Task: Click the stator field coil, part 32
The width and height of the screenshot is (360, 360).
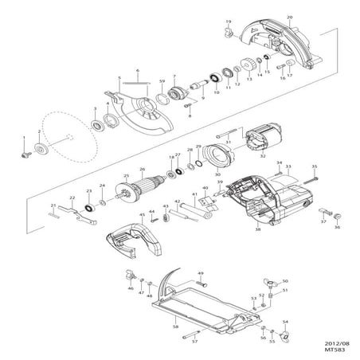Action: tap(259, 147)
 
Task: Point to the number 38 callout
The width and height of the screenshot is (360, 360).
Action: tap(258, 229)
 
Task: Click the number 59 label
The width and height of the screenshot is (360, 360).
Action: tap(162, 82)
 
